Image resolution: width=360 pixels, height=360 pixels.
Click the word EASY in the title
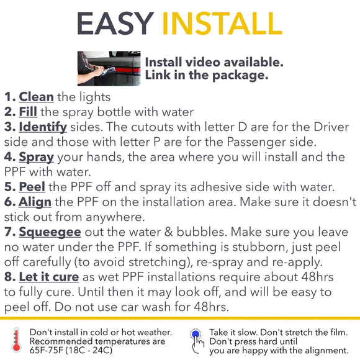point(115,23)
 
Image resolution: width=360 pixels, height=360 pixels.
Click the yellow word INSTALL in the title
point(222,23)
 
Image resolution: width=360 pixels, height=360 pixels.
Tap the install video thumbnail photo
point(109,68)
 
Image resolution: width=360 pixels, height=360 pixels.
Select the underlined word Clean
point(36,97)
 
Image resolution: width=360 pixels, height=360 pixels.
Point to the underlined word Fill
point(28,112)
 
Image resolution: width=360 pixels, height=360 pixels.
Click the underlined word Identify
point(43,127)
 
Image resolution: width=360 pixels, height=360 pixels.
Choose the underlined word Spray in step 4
point(36,158)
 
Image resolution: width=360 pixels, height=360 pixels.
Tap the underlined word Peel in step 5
point(32,186)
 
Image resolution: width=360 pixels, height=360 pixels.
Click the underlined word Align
point(35,202)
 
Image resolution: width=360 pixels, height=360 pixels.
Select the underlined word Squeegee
point(50,232)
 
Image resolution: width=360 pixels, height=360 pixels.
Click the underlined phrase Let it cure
point(49,277)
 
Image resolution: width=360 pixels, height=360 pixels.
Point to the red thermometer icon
point(16,341)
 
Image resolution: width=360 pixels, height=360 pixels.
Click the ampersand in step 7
point(168,232)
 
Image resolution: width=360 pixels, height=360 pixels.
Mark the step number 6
point(9,202)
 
